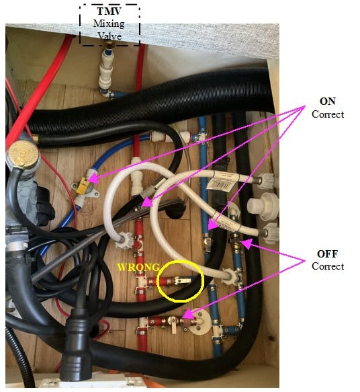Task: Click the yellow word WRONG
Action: pos(138,267)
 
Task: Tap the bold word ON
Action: pos(327,102)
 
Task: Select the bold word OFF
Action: pos(327,253)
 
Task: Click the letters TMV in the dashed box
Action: pos(109,11)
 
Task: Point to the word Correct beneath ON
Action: pos(328,114)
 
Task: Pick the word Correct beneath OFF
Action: pos(328,266)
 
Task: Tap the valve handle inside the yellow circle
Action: pos(183,281)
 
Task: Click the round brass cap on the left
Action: pos(22,152)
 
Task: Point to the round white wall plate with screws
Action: pos(199,322)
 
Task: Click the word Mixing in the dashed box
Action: pos(109,24)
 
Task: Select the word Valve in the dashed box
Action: pos(109,36)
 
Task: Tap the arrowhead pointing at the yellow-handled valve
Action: pos(93,179)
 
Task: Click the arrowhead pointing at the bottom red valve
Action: pos(189,314)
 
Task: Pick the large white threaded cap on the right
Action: pos(263,206)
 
